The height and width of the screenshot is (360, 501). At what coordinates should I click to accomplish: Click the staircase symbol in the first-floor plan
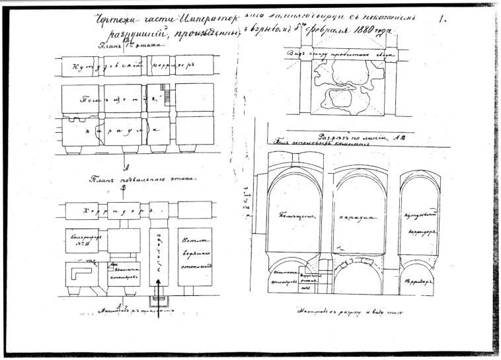pyautogui.click(x=166, y=97)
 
